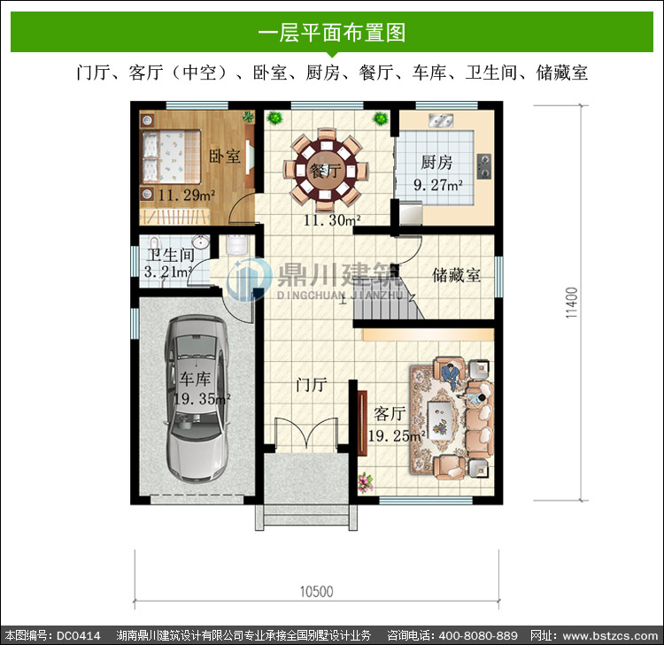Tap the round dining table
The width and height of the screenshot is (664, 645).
point(325,171)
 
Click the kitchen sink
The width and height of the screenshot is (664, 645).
point(440,120)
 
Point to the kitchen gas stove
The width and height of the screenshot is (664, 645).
point(484,165)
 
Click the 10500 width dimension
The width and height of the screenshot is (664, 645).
point(316,591)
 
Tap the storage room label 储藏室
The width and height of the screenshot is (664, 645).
point(456,275)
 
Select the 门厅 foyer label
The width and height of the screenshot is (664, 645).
point(312,385)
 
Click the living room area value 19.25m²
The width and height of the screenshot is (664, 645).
point(397,435)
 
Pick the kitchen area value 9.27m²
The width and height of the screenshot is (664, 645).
point(438,185)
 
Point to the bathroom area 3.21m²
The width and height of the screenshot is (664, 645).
point(168,272)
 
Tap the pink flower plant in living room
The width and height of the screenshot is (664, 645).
point(365,482)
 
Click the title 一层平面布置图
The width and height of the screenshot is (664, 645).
point(332,33)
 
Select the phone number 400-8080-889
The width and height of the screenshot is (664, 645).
point(478,635)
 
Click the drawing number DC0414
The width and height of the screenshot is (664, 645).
point(78,635)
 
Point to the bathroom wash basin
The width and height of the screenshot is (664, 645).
point(200,242)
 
